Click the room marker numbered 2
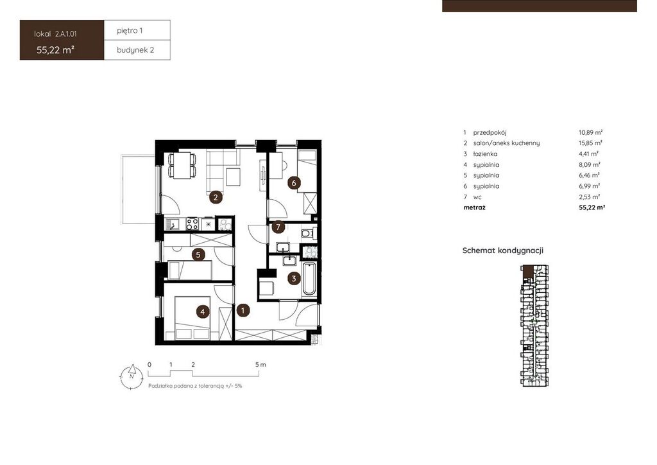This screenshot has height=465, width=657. click(216, 197)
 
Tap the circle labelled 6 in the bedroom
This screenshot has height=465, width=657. click(294, 183)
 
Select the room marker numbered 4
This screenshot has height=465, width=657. click(203, 311)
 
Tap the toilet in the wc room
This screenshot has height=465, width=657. click(307, 232)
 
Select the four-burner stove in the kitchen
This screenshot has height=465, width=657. click(192, 224)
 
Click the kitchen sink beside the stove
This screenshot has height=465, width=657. click(173, 224)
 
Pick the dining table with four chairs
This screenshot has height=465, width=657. click(182, 165)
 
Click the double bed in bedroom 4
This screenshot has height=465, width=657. click(192, 319)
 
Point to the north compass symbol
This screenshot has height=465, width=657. click(131, 376)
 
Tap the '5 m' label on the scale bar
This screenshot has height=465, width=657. click(260, 364)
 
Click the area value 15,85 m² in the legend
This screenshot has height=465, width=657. click(590, 143)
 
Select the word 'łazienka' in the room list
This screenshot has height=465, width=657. click(485, 154)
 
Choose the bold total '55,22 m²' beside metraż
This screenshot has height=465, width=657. click(592, 207)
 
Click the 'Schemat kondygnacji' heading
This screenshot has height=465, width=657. click(503, 250)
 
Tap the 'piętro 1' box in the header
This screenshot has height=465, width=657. click(137, 30)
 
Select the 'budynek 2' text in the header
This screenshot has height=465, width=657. click(135, 50)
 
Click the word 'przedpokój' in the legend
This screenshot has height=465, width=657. click(490, 132)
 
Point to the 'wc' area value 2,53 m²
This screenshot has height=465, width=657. click(590, 197)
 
